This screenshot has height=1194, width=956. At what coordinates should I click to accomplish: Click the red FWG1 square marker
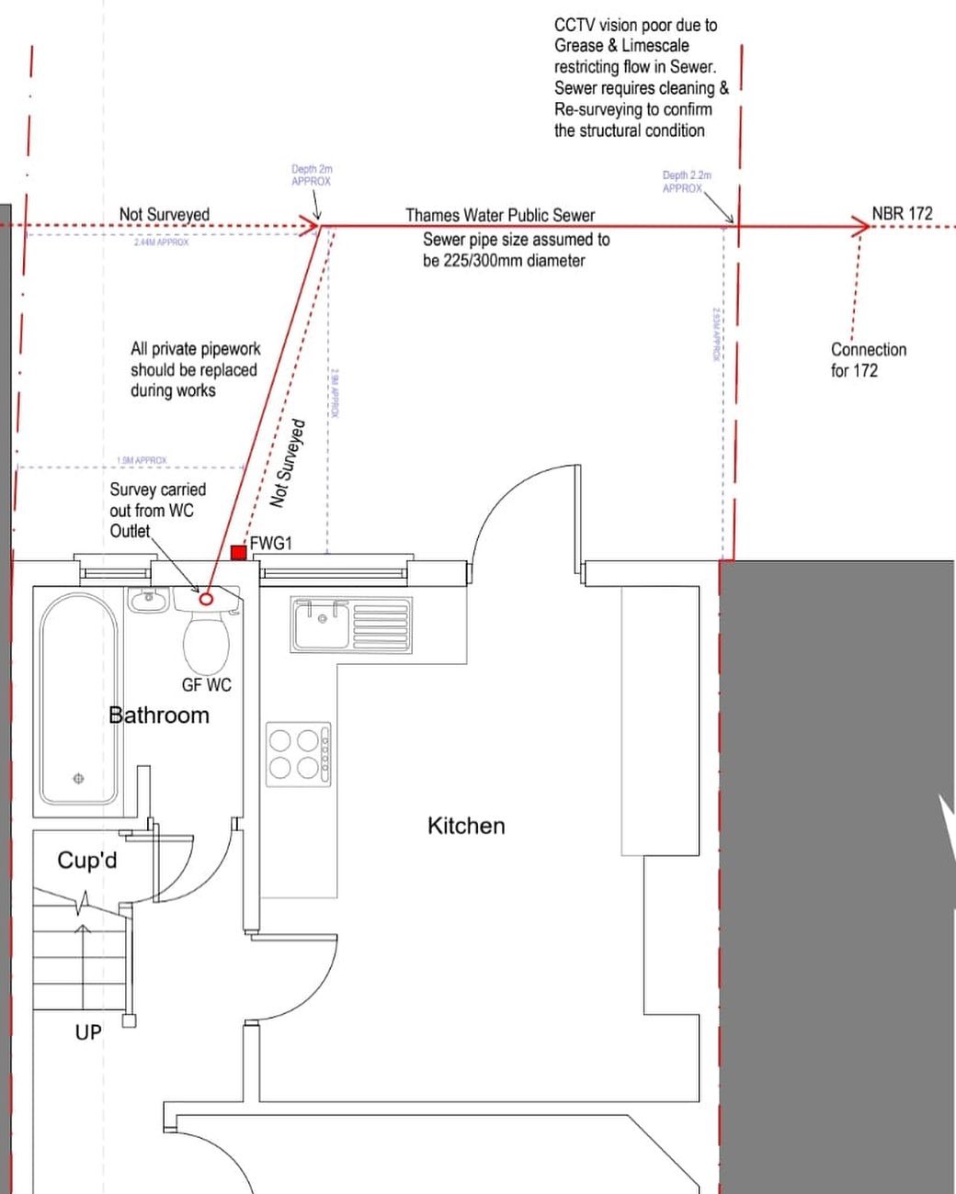[x=238, y=552]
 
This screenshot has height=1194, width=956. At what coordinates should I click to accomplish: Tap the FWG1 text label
[x=270, y=544]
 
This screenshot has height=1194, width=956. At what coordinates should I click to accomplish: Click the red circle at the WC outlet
[x=206, y=599]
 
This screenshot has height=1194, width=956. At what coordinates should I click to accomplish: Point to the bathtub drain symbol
[x=78, y=779]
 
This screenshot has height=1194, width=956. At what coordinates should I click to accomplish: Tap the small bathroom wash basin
[x=146, y=601]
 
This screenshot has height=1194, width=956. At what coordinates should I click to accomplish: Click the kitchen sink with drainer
[x=350, y=625]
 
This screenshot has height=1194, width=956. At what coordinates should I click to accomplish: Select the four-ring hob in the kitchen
[x=298, y=753]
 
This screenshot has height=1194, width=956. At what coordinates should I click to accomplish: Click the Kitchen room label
[x=466, y=826]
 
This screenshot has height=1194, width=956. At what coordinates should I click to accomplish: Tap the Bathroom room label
[x=159, y=715]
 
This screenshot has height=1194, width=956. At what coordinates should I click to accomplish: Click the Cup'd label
[x=87, y=861]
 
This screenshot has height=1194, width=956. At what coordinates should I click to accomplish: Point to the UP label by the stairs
[x=88, y=1032]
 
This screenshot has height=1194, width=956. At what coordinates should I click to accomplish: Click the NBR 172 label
[x=902, y=213]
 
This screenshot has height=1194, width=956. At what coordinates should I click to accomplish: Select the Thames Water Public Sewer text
[x=500, y=215]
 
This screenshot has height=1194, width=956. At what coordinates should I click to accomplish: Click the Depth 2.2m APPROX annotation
[x=686, y=181]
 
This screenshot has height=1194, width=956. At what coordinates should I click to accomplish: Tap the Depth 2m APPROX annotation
[x=312, y=175]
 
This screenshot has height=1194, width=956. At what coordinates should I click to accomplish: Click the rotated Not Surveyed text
[x=287, y=464]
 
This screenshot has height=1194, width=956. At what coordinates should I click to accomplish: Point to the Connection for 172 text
[x=868, y=360]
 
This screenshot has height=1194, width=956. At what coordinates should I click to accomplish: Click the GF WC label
[x=206, y=685]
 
